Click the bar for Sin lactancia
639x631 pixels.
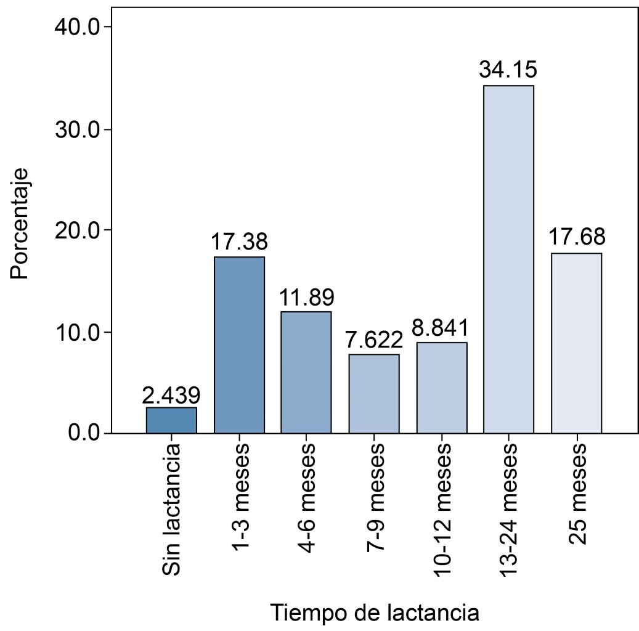click(171, 420)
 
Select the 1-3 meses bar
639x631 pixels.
click(239, 345)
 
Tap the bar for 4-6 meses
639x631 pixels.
click(306, 372)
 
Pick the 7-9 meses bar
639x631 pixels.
click(374, 394)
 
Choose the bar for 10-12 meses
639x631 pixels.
click(441, 388)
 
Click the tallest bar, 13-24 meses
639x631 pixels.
click(508, 259)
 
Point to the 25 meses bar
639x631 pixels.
click(576, 343)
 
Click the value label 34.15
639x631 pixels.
click(508, 70)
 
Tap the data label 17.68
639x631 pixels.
click(576, 237)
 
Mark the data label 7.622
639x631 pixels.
click(374, 340)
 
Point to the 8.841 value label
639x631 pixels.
click(441, 328)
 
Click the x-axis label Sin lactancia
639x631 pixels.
click(172, 510)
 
